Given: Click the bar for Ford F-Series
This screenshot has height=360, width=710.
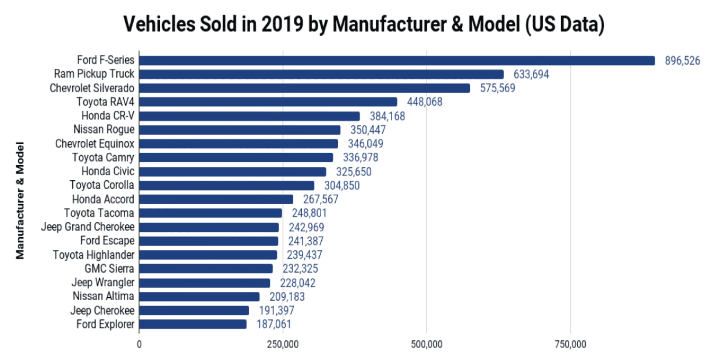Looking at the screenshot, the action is pyautogui.click(x=397, y=61).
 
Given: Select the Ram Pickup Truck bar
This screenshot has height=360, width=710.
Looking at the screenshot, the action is pyautogui.click(x=322, y=74).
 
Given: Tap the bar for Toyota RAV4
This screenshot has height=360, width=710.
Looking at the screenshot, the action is pyautogui.click(x=268, y=102).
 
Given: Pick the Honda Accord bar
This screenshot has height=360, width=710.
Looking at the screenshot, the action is pyautogui.click(x=216, y=199).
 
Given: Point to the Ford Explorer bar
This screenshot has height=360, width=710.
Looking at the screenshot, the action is pyautogui.click(x=193, y=324).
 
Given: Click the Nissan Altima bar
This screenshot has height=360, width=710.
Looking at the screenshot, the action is pyautogui.click(x=199, y=296).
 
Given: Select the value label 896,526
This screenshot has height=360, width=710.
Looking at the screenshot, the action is pyautogui.click(x=682, y=61).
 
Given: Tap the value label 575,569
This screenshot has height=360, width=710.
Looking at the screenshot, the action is pyautogui.click(x=498, y=88).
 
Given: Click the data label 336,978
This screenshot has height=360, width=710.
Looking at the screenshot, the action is pyautogui.click(x=361, y=157).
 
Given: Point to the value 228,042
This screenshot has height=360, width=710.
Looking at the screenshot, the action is pyautogui.click(x=298, y=283).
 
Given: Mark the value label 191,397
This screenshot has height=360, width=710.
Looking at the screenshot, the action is pyautogui.click(x=276, y=310).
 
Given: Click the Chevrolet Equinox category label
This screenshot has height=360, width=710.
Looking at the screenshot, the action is pyautogui.click(x=95, y=144).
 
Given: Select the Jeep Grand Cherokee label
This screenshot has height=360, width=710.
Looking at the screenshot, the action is pyautogui.click(x=88, y=227).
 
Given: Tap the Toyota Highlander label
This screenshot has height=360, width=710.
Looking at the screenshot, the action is pyautogui.click(x=94, y=255).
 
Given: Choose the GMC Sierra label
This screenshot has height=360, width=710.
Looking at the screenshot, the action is pyautogui.click(x=109, y=269).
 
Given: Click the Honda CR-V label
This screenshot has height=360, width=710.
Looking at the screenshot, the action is pyautogui.click(x=108, y=116).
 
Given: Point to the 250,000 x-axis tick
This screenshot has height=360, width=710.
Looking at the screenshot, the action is pyautogui.click(x=283, y=344).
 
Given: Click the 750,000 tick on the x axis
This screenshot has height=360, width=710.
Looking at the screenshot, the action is pyautogui.click(x=570, y=344).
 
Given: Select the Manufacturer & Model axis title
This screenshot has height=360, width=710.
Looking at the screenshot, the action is pyautogui.click(x=20, y=200).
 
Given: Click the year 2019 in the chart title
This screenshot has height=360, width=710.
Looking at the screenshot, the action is pyautogui.click(x=282, y=24).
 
